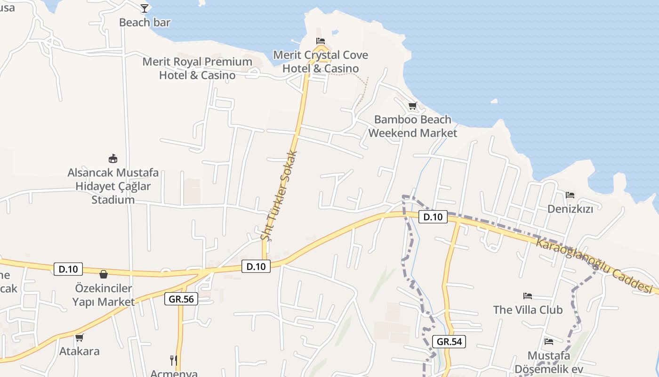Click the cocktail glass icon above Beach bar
point(145,8)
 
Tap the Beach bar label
point(145,22)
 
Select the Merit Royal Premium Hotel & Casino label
point(197,68)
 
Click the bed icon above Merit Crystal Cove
point(321,41)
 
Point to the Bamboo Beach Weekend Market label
point(412,126)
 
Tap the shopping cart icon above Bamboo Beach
point(412,106)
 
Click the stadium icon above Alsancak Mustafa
point(113,158)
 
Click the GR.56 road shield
point(181,298)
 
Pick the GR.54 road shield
point(449,342)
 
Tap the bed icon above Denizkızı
point(570,195)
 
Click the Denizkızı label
point(570,208)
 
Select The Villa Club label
point(528,310)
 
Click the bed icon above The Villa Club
point(528,296)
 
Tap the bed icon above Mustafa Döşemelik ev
point(548,341)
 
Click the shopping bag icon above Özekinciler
point(104,274)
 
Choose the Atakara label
point(79,351)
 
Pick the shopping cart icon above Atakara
point(79,337)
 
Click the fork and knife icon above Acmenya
point(174,361)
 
